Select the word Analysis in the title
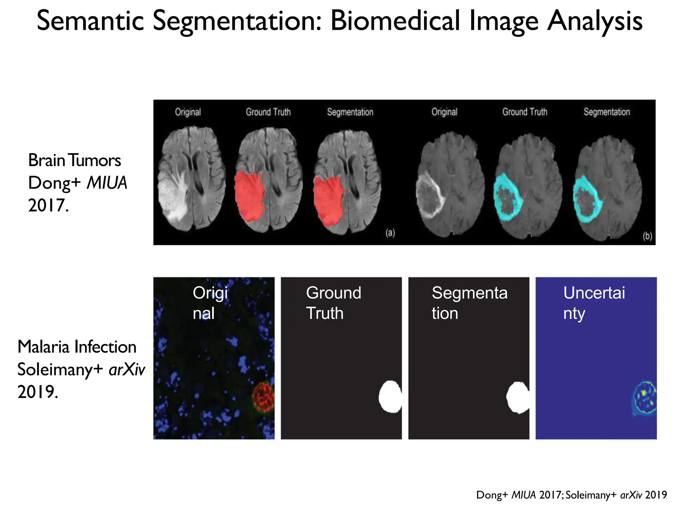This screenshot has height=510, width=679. [x=595, y=21]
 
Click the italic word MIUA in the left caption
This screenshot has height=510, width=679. [x=107, y=183]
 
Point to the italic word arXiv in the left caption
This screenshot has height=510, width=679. [x=127, y=370]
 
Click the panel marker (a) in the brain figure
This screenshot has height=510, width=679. [x=390, y=233]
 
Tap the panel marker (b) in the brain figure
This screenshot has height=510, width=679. [x=647, y=236]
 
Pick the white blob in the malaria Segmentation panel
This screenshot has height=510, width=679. [x=517, y=398]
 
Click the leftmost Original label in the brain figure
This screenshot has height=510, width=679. [x=188, y=112]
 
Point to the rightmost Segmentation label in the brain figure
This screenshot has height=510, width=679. [x=606, y=112]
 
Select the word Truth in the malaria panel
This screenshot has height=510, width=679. [x=325, y=313]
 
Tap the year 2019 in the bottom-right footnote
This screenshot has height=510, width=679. [x=656, y=495]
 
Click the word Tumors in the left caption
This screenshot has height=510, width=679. [x=95, y=160]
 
